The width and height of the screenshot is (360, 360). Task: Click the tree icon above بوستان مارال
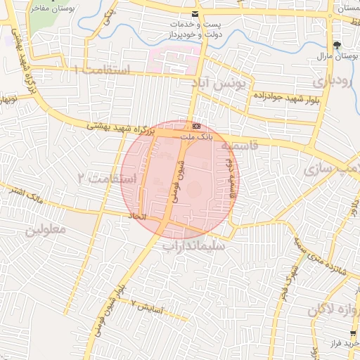(x=337, y=44)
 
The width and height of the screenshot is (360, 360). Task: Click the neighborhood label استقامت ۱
(x=102, y=70)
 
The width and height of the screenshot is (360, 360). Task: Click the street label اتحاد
(x=138, y=217)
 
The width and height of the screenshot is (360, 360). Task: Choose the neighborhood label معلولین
(x=46, y=230)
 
